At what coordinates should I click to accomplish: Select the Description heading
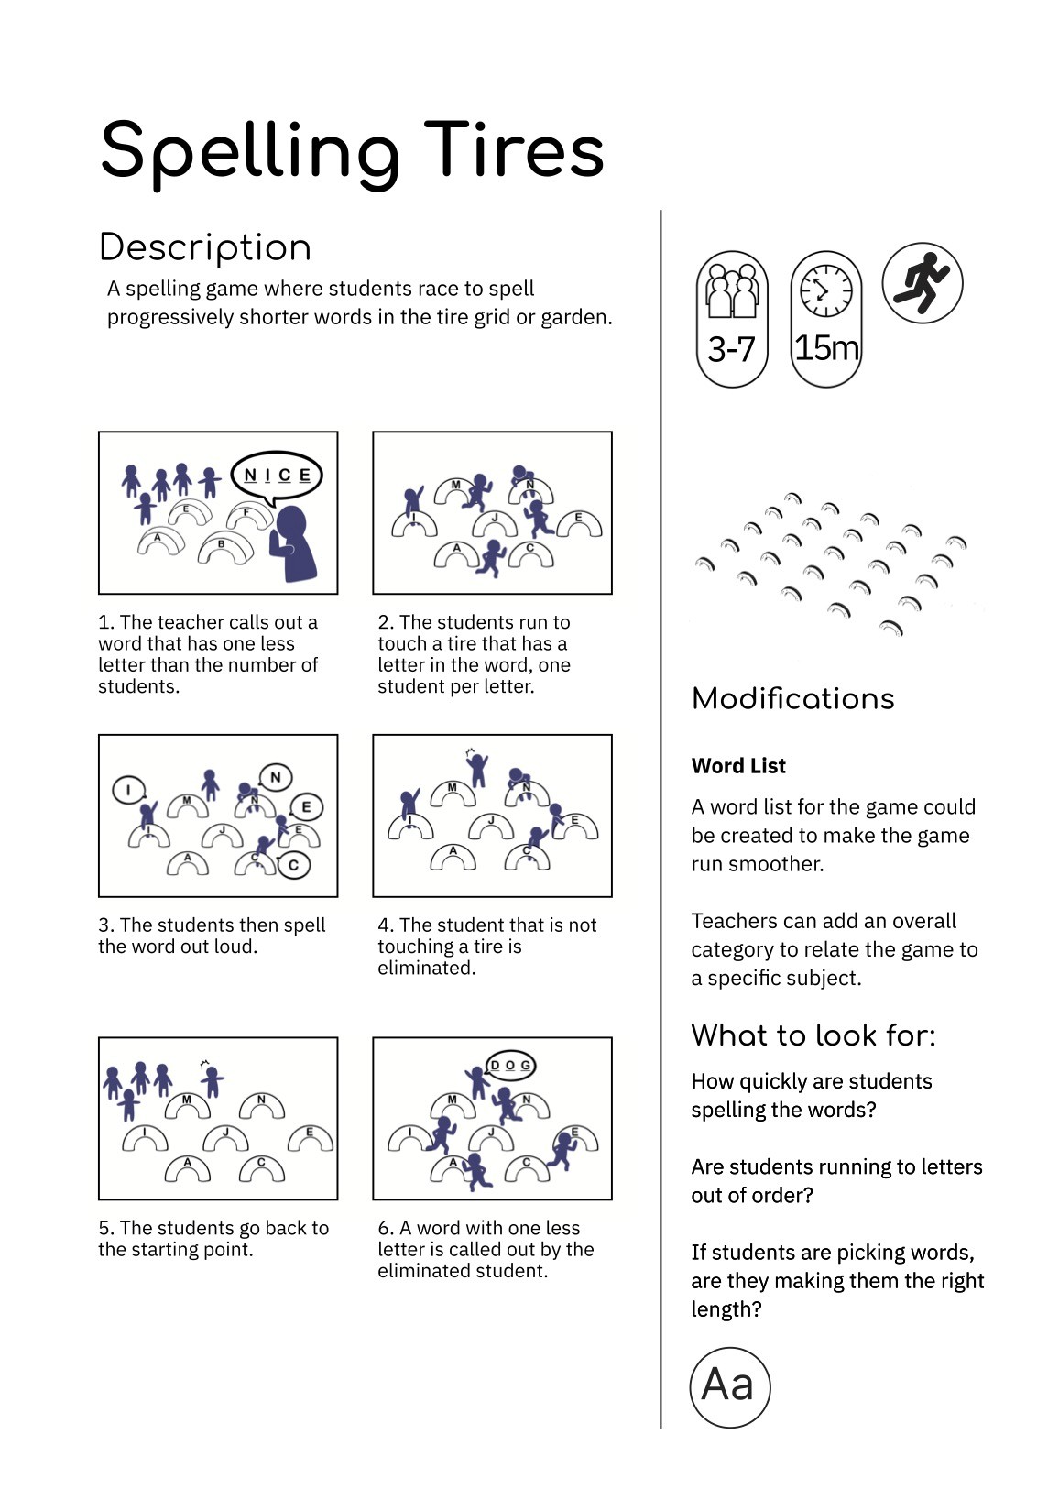(205, 247)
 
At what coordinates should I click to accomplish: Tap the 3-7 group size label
(731, 349)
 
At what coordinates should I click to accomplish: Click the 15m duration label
(826, 348)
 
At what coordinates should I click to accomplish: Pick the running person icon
(922, 282)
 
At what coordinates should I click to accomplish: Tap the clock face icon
(825, 289)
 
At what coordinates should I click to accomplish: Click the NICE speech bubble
(277, 476)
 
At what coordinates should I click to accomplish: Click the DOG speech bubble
(510, 1065)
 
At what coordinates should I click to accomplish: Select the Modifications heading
(792, 699)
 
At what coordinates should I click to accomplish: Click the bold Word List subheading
(738, 766)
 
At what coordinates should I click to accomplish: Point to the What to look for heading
(813, 1035)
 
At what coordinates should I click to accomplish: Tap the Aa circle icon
(729, 1385)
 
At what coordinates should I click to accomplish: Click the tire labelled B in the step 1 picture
(224, 548)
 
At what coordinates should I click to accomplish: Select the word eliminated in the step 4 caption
(425, 968)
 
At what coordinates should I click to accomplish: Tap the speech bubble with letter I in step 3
(128, 790)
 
